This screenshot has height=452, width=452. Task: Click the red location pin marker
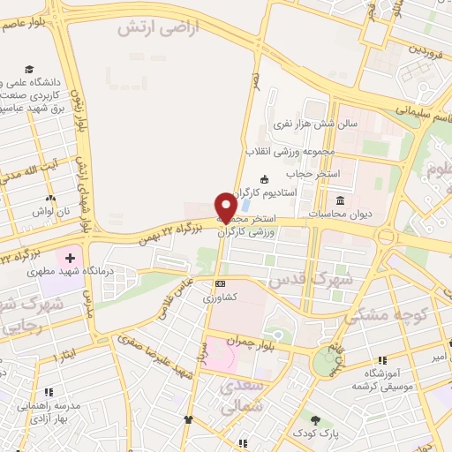[x=227, y=207]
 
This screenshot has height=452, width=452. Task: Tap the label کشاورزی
[x=220, y=298]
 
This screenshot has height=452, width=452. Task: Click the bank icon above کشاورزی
[x=220, y=283]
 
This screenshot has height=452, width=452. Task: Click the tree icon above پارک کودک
[x=314, y=419]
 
